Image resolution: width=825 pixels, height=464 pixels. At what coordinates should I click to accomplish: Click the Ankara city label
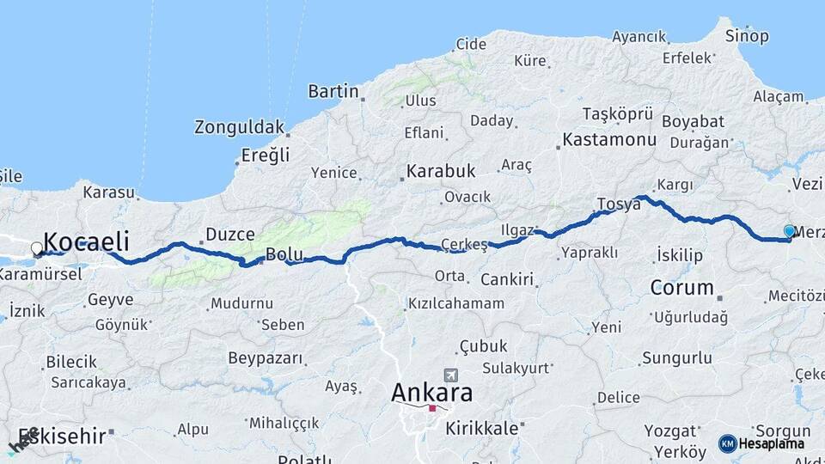[431, 393]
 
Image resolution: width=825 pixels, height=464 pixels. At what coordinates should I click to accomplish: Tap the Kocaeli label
[86, 241]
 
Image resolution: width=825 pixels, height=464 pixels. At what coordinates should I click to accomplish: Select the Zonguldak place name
[239, 127]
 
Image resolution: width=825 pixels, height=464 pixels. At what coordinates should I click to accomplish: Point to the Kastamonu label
[609, 139]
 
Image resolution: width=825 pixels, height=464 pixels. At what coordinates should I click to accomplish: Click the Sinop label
[747, 36]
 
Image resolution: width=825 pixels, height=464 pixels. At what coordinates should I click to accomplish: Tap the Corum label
[682, 287]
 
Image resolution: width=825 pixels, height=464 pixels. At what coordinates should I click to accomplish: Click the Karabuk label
[442, 170]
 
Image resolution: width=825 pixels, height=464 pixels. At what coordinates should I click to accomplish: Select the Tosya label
[619, 205]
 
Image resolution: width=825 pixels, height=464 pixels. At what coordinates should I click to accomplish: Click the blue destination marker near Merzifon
[789, 230]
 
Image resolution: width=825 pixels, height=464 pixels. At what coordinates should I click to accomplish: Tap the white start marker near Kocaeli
[36, 248]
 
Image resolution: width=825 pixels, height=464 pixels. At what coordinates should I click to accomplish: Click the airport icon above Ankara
[450, 375]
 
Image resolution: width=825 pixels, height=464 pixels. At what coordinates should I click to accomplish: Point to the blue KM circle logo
[727, 443]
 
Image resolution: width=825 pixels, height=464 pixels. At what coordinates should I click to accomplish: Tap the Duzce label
[230, 234]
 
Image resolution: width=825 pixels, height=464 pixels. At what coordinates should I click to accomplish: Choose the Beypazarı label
[262, 357]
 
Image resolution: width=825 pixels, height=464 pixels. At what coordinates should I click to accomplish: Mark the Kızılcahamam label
[455, 303]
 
